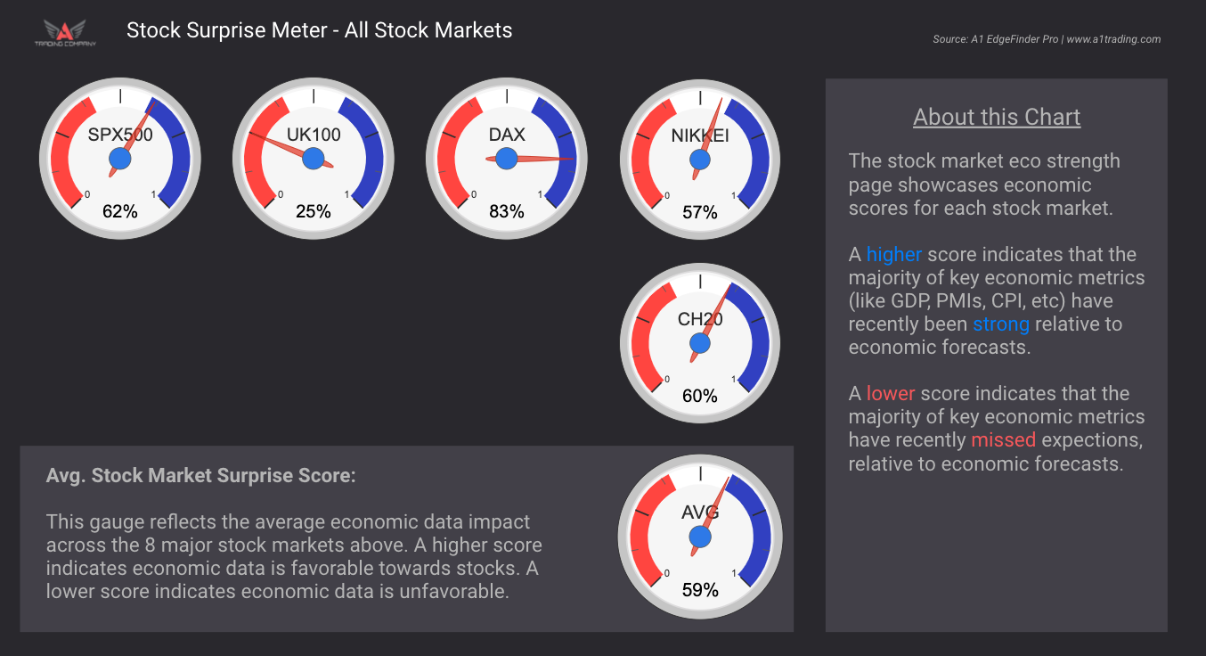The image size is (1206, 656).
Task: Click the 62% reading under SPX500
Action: [x=120, y=212]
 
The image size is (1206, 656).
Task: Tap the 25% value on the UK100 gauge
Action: [x=314, y=212]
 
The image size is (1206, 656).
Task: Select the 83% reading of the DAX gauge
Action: [x=507, y=212]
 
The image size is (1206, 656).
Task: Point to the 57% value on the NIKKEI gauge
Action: [x=700, y=212]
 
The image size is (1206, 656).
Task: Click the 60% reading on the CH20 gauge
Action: [x=700, y=396]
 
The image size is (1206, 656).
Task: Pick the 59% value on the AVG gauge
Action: [x=700, y=590]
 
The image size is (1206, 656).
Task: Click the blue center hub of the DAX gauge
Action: [x=507, y=159]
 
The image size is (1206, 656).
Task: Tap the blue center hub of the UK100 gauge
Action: [x=314, y=159]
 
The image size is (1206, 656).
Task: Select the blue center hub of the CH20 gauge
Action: [x=700, y=343]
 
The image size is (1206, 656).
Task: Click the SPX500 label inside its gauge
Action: [x=120, y=135]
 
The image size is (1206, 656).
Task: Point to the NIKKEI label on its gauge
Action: [x=700, y=135]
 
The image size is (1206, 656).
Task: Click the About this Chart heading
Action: [x=997, y=117]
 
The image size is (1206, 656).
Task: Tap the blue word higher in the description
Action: [x=893, y=255]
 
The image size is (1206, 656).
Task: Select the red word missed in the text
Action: [x=1003, y=440]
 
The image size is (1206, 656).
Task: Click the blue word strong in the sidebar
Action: [x=1000, y=324]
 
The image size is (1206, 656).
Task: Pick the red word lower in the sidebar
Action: [x=891, y=394]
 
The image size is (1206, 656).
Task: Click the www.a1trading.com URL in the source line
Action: [x=1113, y=39]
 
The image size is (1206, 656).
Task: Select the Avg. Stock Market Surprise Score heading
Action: [x=200, y=475]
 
